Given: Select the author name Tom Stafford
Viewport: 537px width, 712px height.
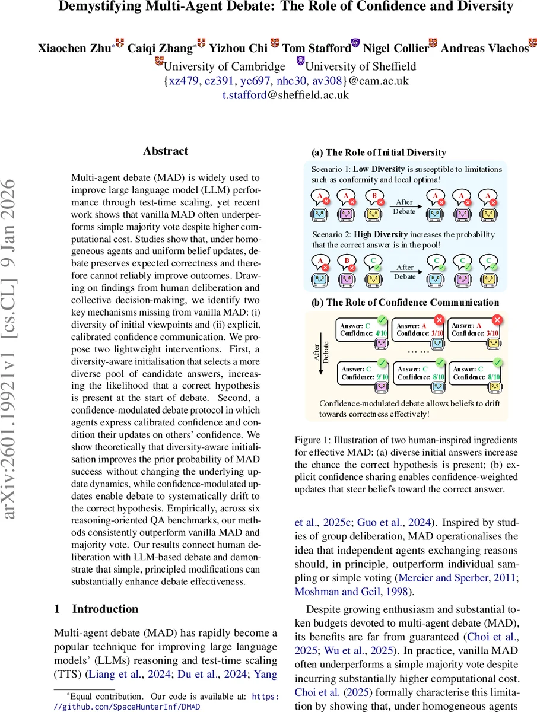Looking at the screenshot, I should [x=317, y=49].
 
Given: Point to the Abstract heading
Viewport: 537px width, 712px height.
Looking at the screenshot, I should [x=166, y=151].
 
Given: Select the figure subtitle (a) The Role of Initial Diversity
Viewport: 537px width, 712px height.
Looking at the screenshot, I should [x=379, y=152].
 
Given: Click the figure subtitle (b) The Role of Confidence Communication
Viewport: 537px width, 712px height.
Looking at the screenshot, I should [x=405, y=302].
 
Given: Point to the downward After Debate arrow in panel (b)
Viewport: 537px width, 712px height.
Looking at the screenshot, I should [x=321, y=360].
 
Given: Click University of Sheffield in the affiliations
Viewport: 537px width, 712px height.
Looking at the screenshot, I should [x=360, y=66].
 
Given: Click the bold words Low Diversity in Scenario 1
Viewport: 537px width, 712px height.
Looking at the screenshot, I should [x=379, y=170].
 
